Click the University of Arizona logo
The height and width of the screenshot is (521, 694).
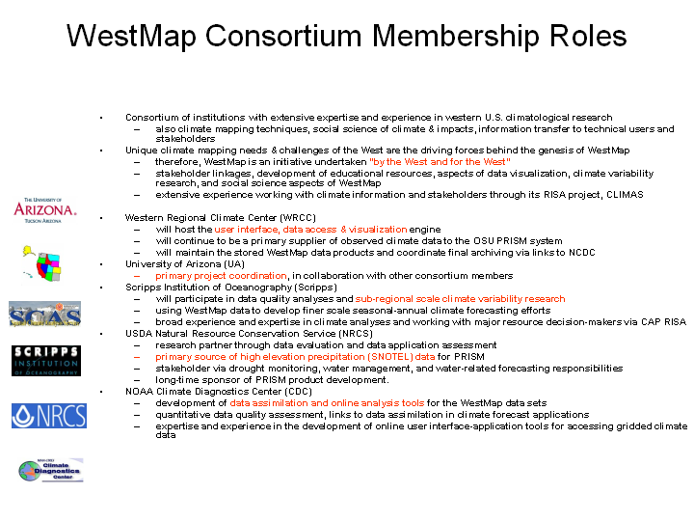[44, 209]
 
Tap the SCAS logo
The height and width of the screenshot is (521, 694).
[44, 315]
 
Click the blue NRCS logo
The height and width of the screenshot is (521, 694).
[49, 416]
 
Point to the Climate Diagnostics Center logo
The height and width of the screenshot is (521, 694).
[51, 470]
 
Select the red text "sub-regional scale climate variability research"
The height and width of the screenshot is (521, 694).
[460, 299]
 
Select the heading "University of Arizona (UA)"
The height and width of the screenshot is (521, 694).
[184, 263]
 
